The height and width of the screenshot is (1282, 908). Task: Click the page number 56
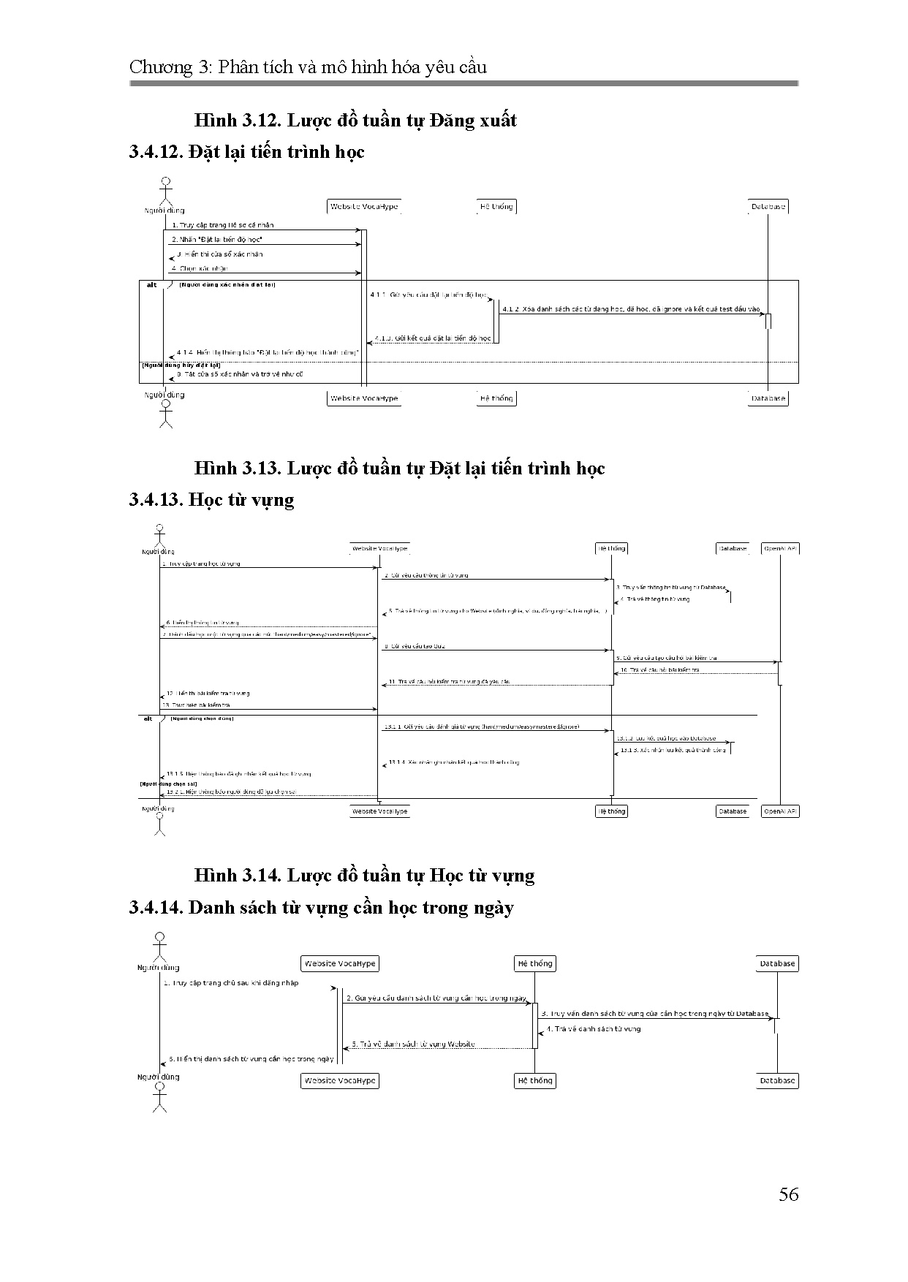(x=788, y=1194)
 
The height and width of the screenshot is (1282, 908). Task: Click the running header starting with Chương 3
(x=308, y=67)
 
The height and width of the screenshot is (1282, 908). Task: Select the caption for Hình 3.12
(x=355, y=120)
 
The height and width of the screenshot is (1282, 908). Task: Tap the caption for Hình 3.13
(x=399, y=468)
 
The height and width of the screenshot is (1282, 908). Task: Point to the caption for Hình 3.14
(x=364, y=875)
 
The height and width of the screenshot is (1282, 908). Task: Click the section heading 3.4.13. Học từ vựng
(x=211, y=500)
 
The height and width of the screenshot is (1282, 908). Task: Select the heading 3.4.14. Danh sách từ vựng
(x=321, y=907)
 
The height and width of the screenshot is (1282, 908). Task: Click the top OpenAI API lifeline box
(x=780, y=548)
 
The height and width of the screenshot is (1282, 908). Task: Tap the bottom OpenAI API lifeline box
(x=780, y=811)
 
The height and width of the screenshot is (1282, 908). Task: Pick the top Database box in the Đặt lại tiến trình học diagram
(x=768, y=207)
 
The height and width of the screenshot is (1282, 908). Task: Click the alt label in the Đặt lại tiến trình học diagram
(x=152, y=284)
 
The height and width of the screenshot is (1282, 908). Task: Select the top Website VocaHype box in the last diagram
(x=340, y=963)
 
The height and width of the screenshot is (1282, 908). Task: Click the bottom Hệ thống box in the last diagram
(x=535, y=1080)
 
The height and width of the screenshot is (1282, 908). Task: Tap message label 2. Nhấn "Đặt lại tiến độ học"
(x=217, y=240)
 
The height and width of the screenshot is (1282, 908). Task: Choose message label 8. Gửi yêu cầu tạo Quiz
(x=414, y=646)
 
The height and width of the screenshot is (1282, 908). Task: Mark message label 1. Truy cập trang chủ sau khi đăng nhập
(x=231, y=983)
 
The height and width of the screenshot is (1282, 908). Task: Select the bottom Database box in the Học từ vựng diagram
(x=733, y=811)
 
